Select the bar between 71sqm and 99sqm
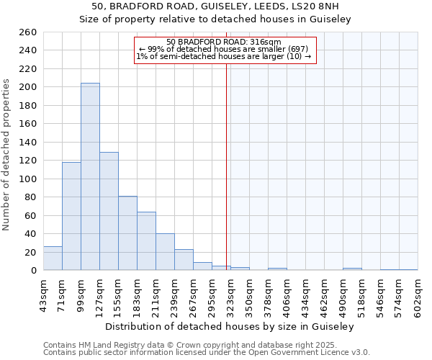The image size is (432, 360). pos(71,216)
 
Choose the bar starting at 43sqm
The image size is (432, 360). pos(53,258)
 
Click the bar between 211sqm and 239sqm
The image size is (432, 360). pos(165,252)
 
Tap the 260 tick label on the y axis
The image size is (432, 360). pos(28,32)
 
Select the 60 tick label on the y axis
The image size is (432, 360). pos(31,215)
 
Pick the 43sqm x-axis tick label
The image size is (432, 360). pos(44,294)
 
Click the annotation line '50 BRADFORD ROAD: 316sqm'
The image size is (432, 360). pos(224,42)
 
